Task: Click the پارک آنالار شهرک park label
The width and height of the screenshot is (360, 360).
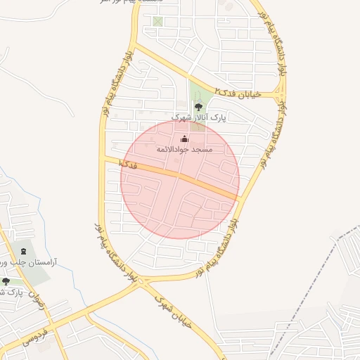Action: [x=200, y=117]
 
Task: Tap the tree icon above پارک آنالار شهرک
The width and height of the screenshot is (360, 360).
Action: [x=198, y=107]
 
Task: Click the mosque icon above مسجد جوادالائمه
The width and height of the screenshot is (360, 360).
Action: [x=184, y=139]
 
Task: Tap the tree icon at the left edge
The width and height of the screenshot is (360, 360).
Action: [x=6, y=282]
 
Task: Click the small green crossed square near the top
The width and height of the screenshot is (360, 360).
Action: [x=157, y=21]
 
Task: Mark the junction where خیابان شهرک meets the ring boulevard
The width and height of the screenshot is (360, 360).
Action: [x=144, y=282]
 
